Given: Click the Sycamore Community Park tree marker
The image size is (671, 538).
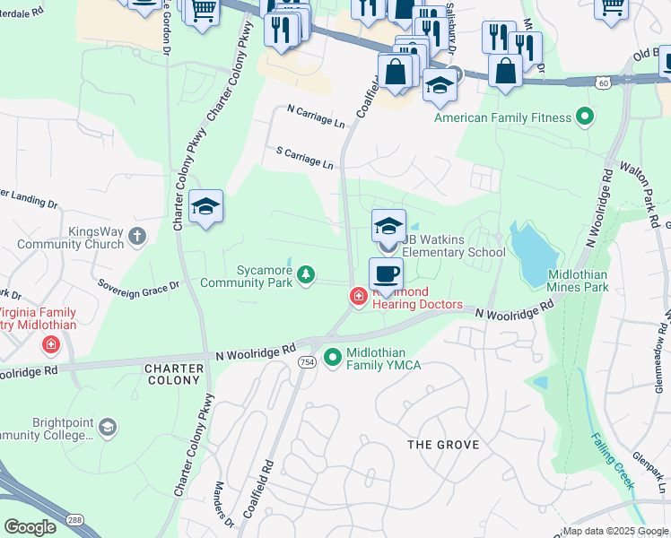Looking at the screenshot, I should click(307, 274).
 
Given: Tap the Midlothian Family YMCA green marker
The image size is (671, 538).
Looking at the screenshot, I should click(333, 358).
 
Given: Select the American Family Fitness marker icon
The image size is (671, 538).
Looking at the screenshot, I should click(585, 117).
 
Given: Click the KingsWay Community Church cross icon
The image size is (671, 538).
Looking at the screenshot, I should click(136, 236).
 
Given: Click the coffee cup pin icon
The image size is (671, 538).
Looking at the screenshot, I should click(387, 274).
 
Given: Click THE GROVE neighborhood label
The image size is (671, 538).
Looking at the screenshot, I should click(443, 445).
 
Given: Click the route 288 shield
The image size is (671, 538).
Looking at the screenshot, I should click(75, 523).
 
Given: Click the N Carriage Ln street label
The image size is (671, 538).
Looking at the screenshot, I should click(316, 115).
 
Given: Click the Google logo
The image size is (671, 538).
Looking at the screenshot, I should click(30, 527).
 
